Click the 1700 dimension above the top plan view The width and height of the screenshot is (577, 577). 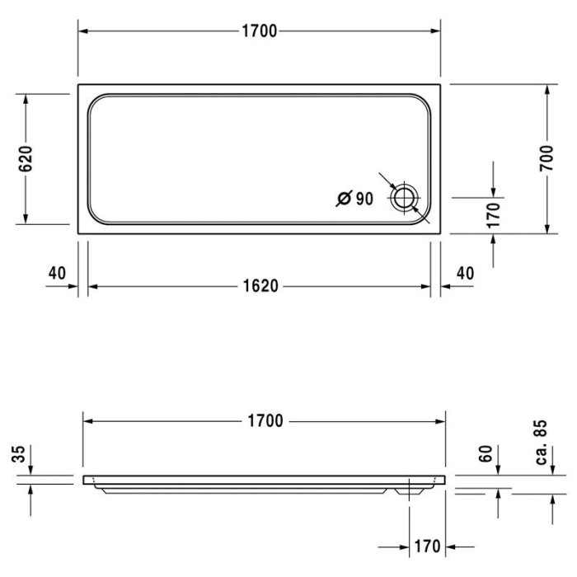(x=260, y=31)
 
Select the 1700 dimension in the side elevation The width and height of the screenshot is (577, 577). (x=265, y=421)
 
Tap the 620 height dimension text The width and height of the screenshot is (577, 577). (x=26, y=158)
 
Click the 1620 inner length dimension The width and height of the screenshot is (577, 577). (x=260, y=286)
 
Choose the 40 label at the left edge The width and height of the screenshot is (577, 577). (x=57, y=273)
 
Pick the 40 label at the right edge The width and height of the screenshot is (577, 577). (x=465, y=273)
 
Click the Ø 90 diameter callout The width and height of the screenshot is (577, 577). (x=354, y=198)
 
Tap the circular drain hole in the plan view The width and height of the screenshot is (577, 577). (x=405, y=198)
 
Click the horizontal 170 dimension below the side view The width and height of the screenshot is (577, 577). (x=427, y=547)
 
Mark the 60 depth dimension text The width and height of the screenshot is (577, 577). (x=486, y=453)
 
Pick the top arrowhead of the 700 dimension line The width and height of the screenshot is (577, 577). (x=547, y=88)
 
